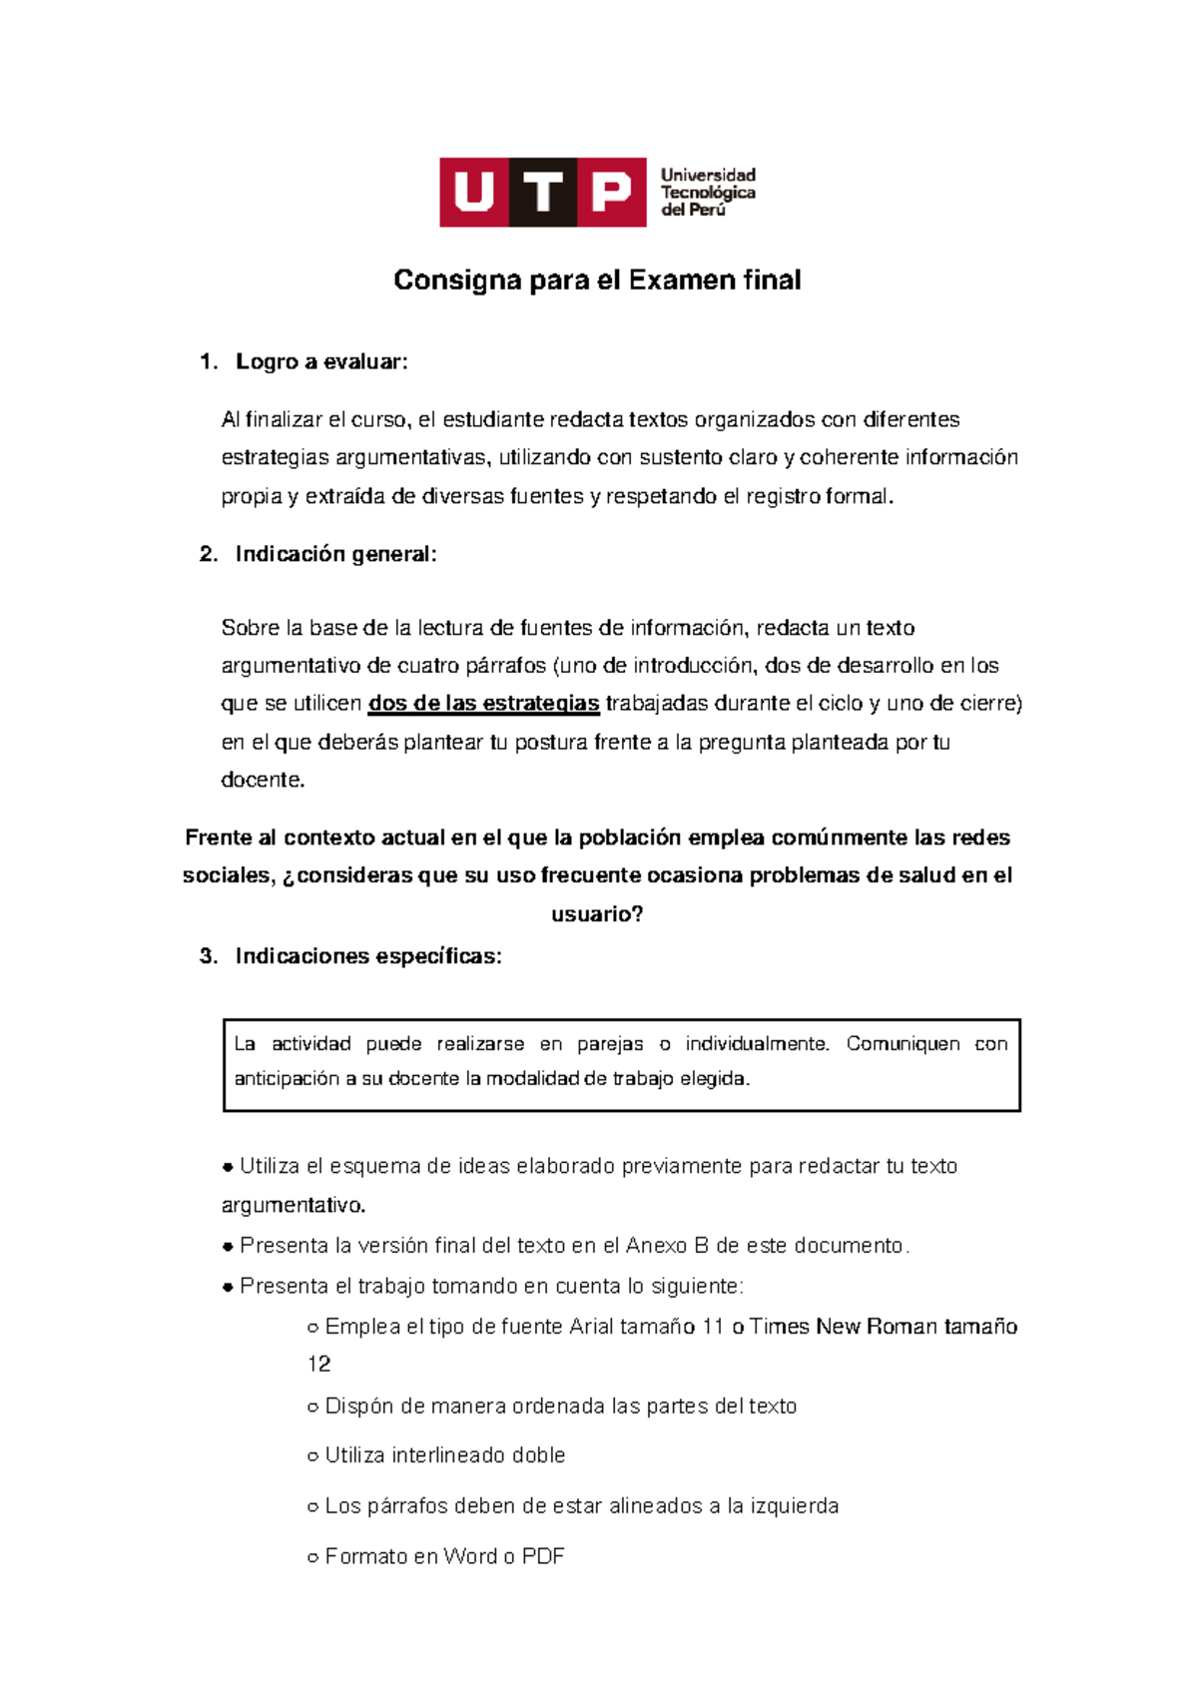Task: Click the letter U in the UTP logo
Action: (x=474, y=192)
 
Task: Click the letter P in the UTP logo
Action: (x=611, y=192)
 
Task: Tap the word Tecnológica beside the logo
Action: (x=708, y=193)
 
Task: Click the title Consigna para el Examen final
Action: (x=597, y=281)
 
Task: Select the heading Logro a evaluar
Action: (x=321, y=362)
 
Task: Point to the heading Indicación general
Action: (x=335, y=554)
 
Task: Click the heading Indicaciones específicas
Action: (x=368, y=956)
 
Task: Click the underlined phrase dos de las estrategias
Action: (x=484, y=704)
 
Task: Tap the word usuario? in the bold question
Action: (x=597, y=914)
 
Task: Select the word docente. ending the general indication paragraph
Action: (x=263, y=780)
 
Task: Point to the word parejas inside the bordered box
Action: (x=610, y=1044)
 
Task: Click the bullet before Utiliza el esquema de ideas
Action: (x=228, y=1167)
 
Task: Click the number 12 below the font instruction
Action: (x=318, y=1365)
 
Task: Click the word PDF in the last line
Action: (x=543, y=1556)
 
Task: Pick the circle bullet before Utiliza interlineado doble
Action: (x=312, y=1456)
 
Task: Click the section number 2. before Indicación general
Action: (x=209, y=554)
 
